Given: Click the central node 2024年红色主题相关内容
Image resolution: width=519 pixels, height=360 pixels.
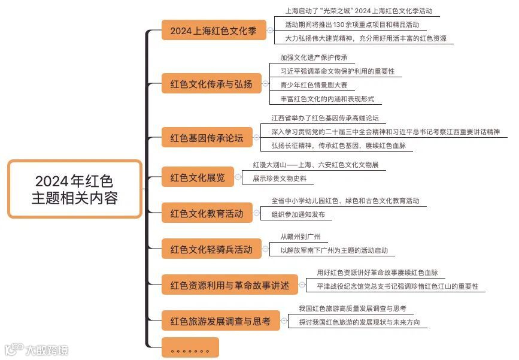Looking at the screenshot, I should point(75,189).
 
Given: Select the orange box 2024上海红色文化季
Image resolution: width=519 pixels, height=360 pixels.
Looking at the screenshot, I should point(214,31).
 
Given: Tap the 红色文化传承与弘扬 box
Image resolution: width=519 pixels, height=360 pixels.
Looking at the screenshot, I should point(211,84).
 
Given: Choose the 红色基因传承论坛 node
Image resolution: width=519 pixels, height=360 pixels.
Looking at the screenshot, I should point(207,138).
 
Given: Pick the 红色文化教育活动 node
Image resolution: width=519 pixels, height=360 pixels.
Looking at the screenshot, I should point(207,213).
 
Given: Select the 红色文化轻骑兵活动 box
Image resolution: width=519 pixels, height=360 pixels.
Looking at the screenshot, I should point(211,249).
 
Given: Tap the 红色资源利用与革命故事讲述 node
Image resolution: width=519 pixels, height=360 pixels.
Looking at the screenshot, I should point(229,285).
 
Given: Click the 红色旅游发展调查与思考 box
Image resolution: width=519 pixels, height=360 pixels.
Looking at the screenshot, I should point(220,321).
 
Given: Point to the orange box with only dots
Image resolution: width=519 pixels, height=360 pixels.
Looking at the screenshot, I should point(190,347).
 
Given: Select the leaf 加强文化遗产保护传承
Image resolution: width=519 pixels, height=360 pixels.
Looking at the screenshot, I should point(313,58).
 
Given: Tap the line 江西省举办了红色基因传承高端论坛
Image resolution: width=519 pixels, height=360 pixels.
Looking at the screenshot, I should point(325,118).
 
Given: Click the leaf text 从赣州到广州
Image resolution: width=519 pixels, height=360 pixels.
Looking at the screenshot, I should point(304,237).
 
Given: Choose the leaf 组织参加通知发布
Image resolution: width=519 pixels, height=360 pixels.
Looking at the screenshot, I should point(298,214).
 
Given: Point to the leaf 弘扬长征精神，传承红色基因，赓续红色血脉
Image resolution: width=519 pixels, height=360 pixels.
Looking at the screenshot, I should point(338,145).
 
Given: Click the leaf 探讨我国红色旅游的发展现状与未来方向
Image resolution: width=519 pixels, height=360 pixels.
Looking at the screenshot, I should point(359,322).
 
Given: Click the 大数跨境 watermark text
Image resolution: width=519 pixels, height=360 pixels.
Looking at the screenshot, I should point(47,349).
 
